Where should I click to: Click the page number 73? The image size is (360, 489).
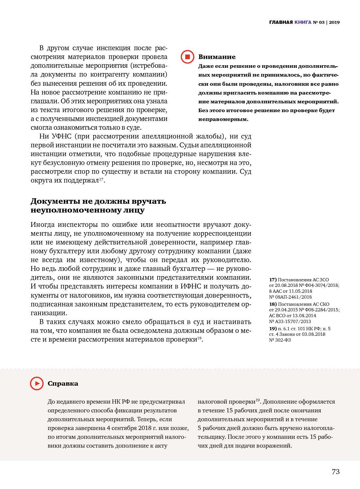point(336,471)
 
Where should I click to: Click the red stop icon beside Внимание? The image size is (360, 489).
point(187,57)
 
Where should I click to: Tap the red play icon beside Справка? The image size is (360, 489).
point(37,383)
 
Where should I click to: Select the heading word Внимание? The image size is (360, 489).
point(217,57)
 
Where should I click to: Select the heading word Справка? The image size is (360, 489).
point(63,383)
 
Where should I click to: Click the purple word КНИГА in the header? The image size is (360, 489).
point(303,22)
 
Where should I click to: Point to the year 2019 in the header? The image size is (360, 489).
point(334,22)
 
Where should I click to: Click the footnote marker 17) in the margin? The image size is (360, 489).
point(273,280)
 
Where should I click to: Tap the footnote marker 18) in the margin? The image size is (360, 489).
point(273,304)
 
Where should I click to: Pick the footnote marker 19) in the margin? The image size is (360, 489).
point(273,329)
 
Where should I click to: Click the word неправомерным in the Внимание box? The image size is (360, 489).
point(223,119)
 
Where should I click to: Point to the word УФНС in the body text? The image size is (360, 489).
point(61,136)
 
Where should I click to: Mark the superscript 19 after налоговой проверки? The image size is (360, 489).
point(258,400)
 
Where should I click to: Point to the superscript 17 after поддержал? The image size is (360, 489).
point(101,179)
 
